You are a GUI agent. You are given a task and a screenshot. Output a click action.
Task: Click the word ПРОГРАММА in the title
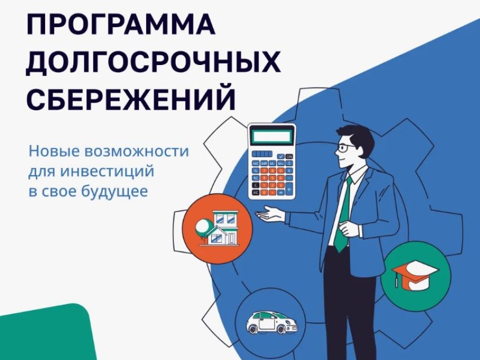coord(121,25)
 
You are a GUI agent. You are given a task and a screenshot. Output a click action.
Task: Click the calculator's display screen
coord(273,136)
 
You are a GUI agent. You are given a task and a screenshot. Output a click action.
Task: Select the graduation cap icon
coord(415,274)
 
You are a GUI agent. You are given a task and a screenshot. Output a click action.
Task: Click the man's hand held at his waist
coord(350,229)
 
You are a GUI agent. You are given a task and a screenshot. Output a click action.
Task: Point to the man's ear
coord(359,151)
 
